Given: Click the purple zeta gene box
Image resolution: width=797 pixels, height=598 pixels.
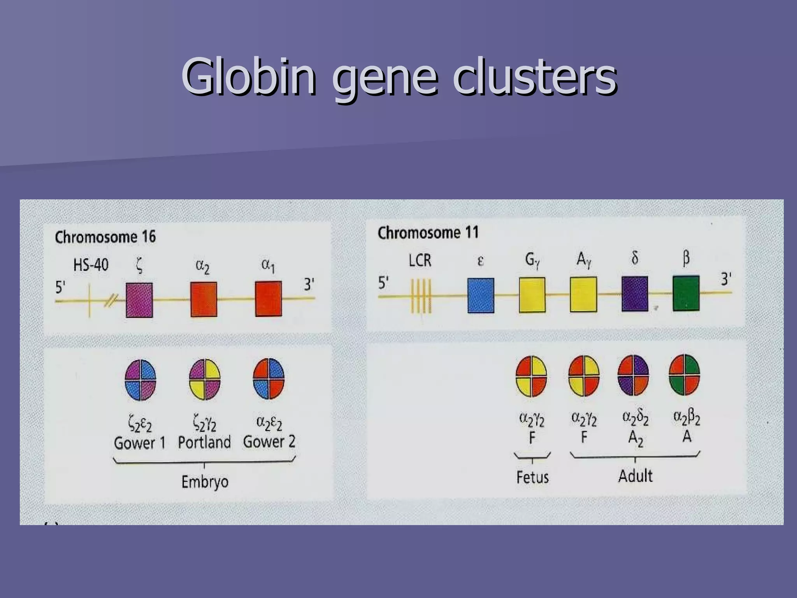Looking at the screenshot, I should pos(139,300).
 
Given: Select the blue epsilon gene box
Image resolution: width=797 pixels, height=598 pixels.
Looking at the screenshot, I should pos(481,295).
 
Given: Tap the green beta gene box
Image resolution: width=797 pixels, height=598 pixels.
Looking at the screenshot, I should pos(686,293).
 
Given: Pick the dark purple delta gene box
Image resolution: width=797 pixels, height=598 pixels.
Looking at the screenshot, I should pos(635,294).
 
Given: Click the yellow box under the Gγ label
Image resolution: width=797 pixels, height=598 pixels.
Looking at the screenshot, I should pos(532,295).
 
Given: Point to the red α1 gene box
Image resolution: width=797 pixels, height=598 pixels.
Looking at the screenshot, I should pos(268,299).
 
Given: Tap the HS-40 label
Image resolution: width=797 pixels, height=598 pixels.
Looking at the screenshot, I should pos(91,265).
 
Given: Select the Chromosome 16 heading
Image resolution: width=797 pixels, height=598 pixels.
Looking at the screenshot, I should pos(105,237).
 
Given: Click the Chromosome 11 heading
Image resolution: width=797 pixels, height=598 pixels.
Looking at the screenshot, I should pos(428,233).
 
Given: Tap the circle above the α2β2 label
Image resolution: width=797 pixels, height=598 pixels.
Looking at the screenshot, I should pos(684,375).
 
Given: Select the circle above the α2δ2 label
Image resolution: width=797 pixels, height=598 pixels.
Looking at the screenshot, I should pos(633,375).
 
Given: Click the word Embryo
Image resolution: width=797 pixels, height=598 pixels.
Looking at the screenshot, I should pos(205,482).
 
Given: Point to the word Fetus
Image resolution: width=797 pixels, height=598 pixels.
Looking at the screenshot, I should pos(532,477).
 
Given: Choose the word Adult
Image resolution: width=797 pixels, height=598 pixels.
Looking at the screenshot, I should pos(635,476).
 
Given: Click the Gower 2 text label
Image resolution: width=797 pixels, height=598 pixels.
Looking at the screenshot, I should pos(269,442).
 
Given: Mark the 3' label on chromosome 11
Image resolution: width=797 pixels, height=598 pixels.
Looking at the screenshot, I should pos(726,279).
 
